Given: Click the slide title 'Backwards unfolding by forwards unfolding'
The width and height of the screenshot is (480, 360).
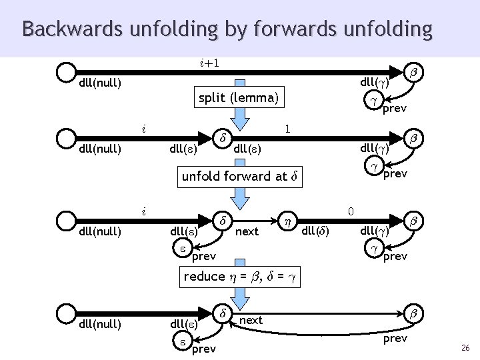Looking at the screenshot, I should point(227,29).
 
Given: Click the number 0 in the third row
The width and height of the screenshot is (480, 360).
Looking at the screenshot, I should point(351,211).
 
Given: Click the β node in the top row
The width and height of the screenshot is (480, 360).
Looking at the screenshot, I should point(413,71).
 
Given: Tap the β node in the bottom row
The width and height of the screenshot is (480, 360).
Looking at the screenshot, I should point(413,312).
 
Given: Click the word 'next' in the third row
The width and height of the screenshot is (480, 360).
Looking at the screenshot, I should point(247,231).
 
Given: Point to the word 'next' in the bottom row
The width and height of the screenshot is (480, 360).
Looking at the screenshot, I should point(251,320).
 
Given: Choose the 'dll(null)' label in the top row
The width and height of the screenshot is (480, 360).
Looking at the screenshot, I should point(100,83).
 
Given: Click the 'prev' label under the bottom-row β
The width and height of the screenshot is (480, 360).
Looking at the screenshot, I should point(395,339).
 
